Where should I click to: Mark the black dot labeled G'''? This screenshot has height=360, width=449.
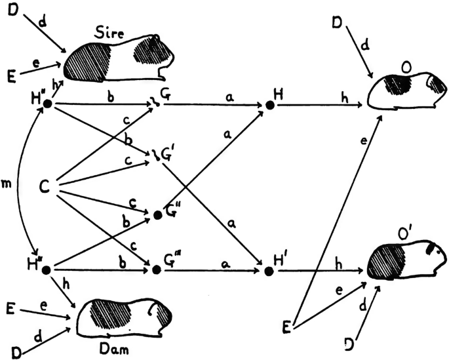(157, 270)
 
